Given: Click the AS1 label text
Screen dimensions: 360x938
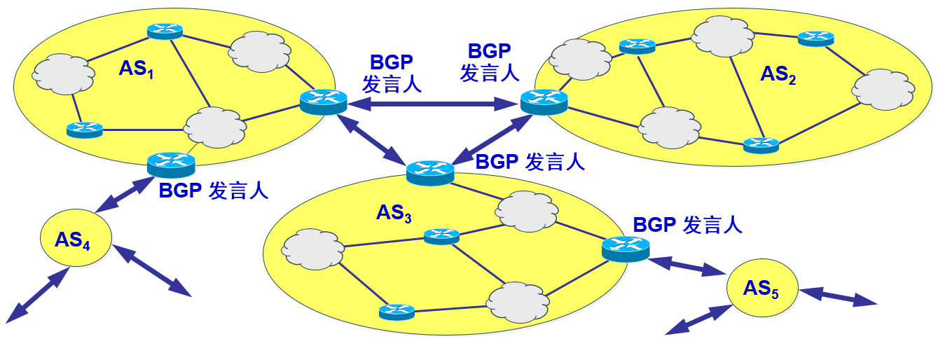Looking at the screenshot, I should click(x=136, y=69).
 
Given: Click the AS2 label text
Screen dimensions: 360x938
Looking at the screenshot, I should click(x=778, y=75).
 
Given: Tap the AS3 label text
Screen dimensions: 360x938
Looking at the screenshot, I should click(x=394, y=212).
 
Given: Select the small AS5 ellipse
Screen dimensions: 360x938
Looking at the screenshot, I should click(x=761, y=289).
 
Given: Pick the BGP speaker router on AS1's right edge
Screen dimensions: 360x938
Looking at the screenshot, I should click(x=323, y=102).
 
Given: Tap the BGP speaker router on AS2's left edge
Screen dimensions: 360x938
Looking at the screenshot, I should click(x=544, y=102).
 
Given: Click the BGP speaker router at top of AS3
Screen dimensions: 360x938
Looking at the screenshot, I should click(x=429, y=172).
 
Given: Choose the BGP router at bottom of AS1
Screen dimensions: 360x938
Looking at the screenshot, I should click(x=171, y=165).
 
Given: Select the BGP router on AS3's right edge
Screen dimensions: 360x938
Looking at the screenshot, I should click(x=625, y=249).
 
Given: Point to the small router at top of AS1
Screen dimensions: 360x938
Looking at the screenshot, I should click(x=165, y=31).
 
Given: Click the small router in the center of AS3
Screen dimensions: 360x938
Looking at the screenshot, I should click(x=441, y=236).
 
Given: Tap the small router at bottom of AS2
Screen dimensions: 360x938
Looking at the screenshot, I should click(x=761, y=145).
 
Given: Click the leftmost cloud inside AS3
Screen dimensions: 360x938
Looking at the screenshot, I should click(x=312, y=248).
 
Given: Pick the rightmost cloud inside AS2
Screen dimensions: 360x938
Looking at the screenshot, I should click(x=883, y=88).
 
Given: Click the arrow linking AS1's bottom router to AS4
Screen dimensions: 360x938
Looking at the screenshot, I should click(x=124, y=194).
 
